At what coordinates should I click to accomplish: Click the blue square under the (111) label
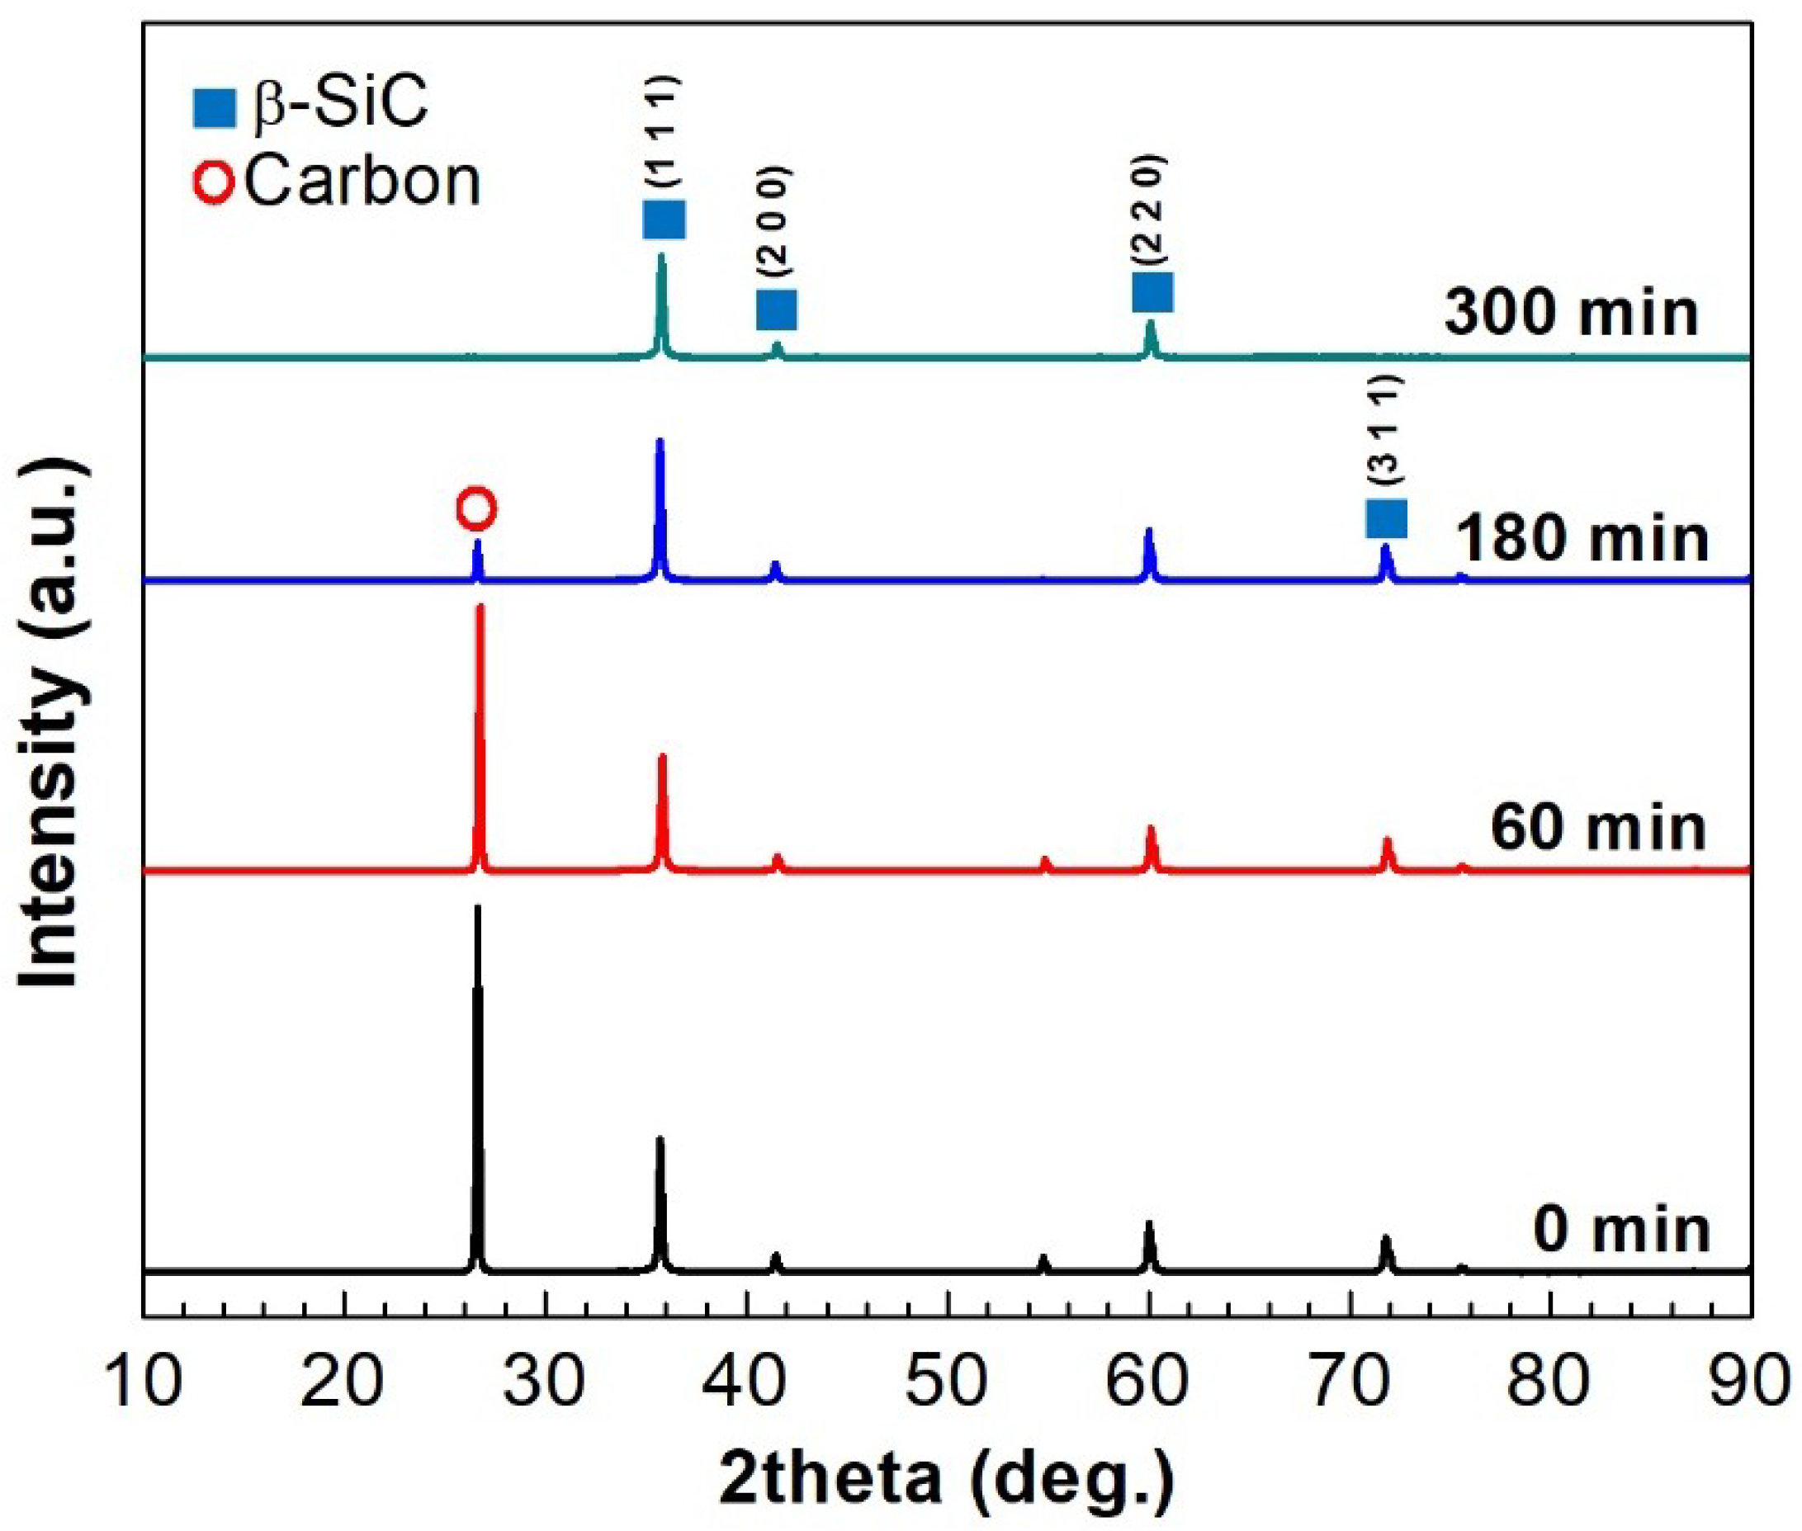[x=664, y=219]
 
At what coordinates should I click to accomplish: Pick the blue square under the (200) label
[x=776, y=309]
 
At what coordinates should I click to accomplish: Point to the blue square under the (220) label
[x=1152, y=291]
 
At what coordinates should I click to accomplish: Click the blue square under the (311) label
[x=1386, y=518]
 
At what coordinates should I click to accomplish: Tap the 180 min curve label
[x=1582, y=538]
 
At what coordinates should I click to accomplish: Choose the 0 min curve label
[x=1621, y=1230]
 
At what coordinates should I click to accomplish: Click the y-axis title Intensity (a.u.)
[x=54, y=725]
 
